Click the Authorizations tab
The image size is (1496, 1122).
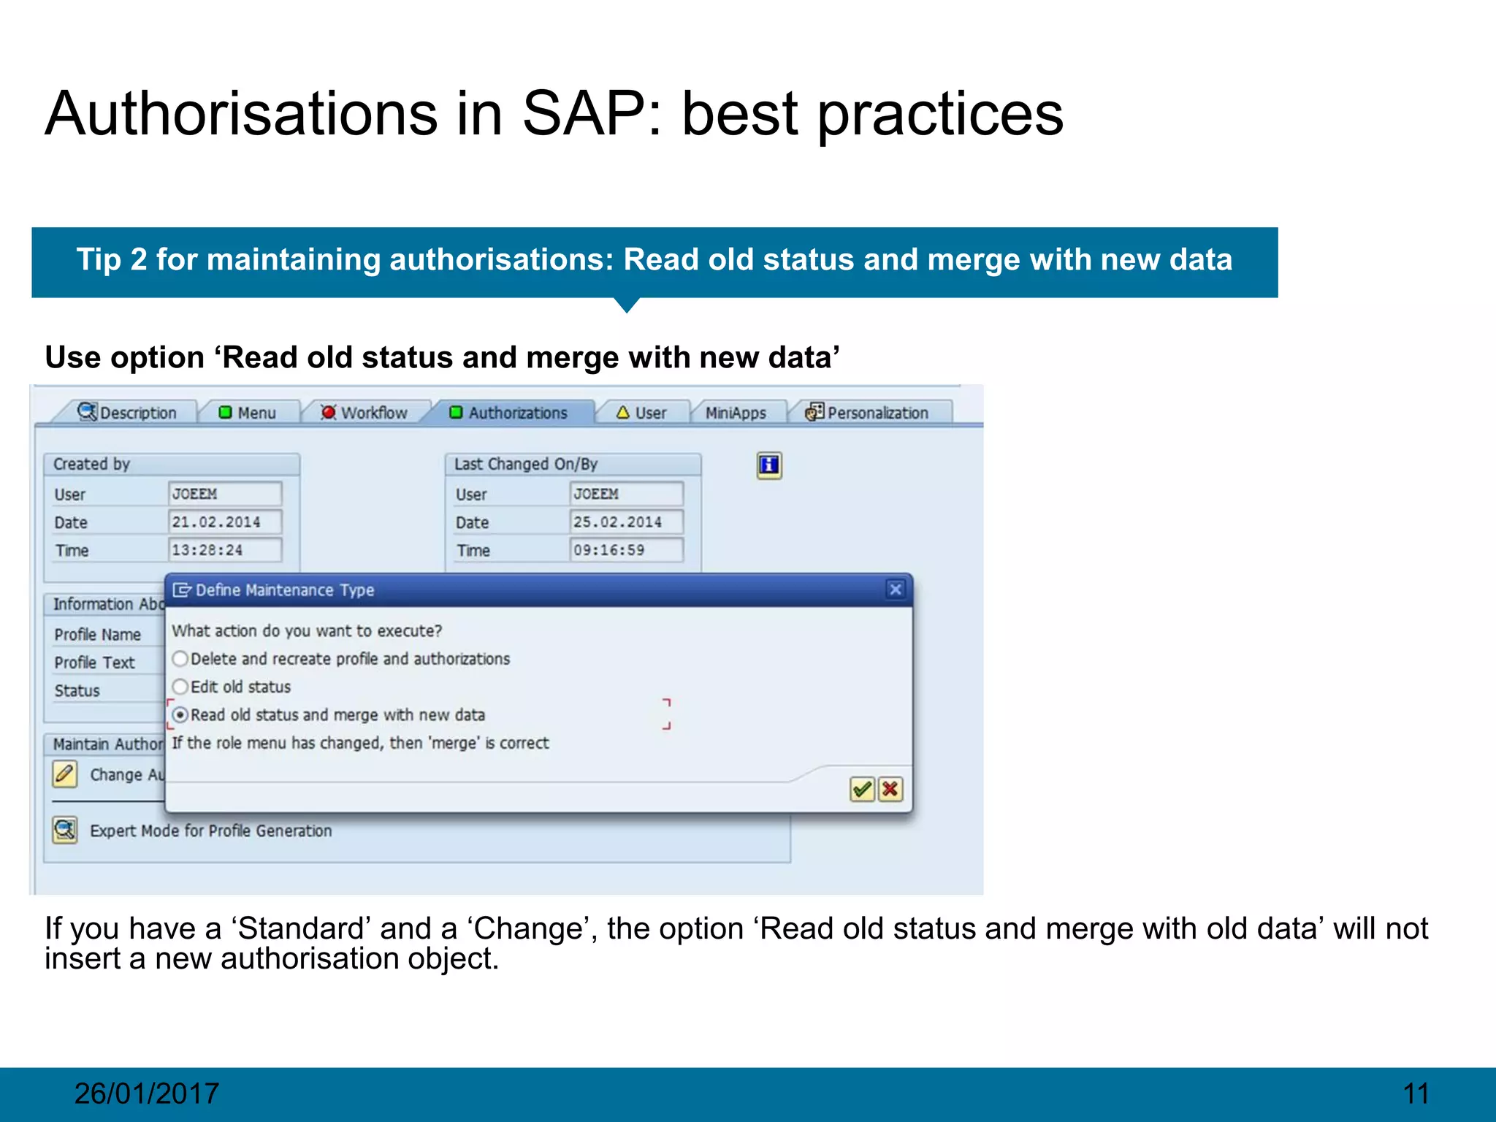click(x=509, y=413)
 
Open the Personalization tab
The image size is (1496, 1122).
click(x=867, y=413)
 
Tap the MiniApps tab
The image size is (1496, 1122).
click(x=736, y=413)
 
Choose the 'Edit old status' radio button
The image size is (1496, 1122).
click(x=180, y=687)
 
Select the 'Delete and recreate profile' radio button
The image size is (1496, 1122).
click(x=180, y=659)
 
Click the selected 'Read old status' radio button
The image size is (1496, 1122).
click(x=180, y=714)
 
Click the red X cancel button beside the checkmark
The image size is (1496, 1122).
click(x=890, y=789)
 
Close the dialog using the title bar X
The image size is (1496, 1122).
click(x=896, y=589)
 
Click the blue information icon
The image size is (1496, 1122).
click(x=769, y=465)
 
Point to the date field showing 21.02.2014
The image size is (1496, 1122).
click(x=224, y=522)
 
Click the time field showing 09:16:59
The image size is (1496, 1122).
click(x=625, y=550)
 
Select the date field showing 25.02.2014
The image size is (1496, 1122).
click(x=625, y=522)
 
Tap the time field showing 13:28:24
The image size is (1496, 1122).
click(x=224, y=550)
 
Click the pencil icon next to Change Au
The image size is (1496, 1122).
click(x=65, y=774)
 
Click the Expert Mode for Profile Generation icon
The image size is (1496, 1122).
click(x=65, y=830)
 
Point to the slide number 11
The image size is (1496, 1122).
click(x=1416, y=1094)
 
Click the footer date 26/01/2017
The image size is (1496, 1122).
click(x=146, y=1094)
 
